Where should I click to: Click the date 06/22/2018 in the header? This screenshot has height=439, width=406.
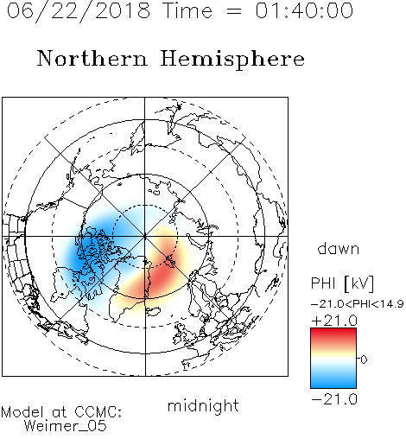click(x=79, y=11)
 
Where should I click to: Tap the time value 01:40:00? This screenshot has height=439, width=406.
click(x=304, y=10)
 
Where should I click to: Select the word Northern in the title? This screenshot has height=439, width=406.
click(x=92, y=58)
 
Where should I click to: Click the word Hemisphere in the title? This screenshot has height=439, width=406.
click(x=232, y=59)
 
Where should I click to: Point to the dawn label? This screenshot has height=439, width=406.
click(x=339, y=248)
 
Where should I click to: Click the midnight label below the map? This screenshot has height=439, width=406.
click(x=203, y=406)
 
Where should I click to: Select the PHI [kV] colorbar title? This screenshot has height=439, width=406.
click(x=342, y=283)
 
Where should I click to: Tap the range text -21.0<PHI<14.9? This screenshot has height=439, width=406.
click(x=357, y=303)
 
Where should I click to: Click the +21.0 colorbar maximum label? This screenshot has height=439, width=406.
click(x=334, y=321)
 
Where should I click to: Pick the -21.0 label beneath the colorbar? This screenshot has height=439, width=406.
click(x=334, y=399)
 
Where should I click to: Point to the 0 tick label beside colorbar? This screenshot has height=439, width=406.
click(x=364, y=359)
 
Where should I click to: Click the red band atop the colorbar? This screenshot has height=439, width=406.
click(x=333, y=334)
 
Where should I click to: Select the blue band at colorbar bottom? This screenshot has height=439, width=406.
click(x=333, y=383)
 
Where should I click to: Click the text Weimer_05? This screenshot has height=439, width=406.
click(x=66, y=426)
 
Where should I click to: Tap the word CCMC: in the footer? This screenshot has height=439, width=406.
click(x=98, y=412)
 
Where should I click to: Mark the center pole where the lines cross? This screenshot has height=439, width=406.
click(x=144, y=236)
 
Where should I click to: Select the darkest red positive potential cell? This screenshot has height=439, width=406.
click(x=162, y=274)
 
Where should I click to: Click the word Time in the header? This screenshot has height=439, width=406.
click(x=187, y=10)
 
